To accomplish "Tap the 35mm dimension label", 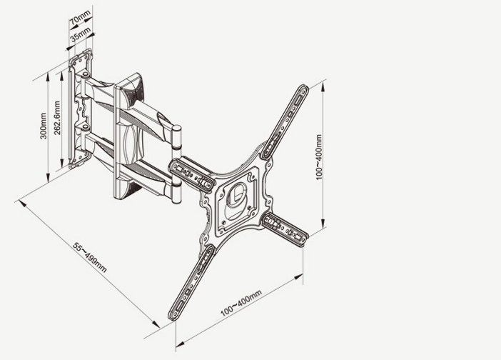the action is click(81, 34).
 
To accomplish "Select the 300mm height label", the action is click(44, 126).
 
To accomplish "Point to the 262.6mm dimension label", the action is click(57, 118).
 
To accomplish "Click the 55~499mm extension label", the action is click(89, 257).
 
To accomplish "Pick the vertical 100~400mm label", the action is click(319, 157).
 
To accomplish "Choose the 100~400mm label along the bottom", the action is click(241, 303).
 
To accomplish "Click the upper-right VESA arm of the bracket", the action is click(284, 122).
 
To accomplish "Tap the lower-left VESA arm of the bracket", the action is click(191, 283).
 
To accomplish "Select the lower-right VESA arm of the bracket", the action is click(285, 229).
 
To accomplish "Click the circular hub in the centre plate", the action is click(236, 201).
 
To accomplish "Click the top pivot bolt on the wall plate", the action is click(86, 75).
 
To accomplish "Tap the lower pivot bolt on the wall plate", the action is click(86, 128).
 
